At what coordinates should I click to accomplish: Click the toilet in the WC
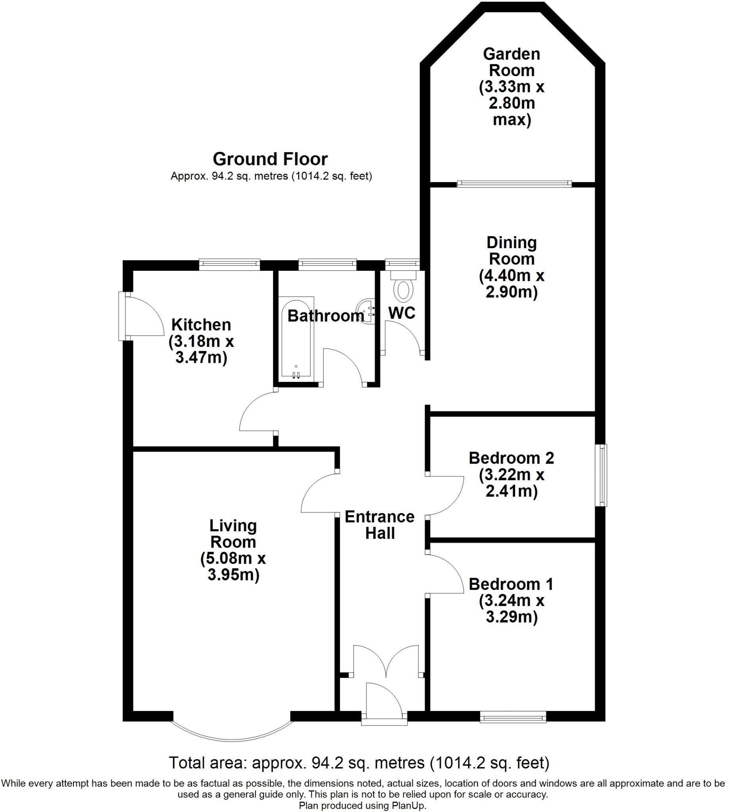403,289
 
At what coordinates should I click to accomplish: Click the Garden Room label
512,62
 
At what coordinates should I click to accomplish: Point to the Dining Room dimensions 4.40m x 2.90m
512,284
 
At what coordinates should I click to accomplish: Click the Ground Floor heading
270,159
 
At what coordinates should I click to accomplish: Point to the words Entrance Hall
379,525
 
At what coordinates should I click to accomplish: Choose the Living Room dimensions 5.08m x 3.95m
233,567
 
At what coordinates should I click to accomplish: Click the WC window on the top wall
402,263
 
